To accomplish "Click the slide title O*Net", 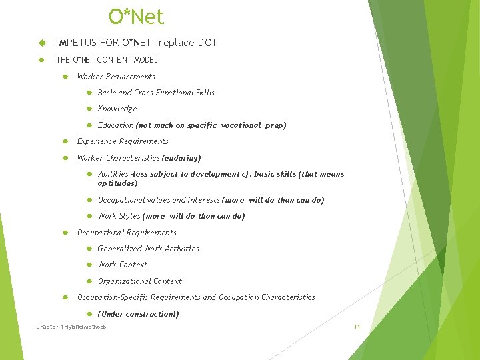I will pyautogui.click(x=136, y=17).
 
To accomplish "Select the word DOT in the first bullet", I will pyautogui.click(x=207, y=43).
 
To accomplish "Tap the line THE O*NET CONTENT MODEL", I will pyautogui.click(x=107, y=60).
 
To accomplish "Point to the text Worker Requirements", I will pyautogui.click(x=116, y=77).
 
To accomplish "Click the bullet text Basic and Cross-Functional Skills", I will pyautogui.click(x=156, y=93).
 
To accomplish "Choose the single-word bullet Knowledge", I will pyautogui.click(x=117, y=109).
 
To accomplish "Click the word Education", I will pyautogui.click(x=115, y=125).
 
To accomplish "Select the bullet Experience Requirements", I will pyautogui.click(x=123, y=141).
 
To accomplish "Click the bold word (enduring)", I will pyautogui.click(x=181, y=158).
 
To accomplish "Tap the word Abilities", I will pyautogui.click(x=113, y=174).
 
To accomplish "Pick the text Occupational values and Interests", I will pyautogui.click(x=159, y=200).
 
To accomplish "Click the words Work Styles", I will pyautogui.click(x=119, y=216).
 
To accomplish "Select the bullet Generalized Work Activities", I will pyautogui.click(x=148, y=249).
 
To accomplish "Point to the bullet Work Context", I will pyautogui.click(x=123, y=265).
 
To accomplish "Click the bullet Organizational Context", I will pyautogui.click(x=139, y=281).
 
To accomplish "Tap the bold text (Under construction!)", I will pyautogui.click(x=138, y=314).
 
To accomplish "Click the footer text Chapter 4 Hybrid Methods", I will pyautogui.click(x=71, y=327).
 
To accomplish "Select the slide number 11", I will pyautogui.click(x=357, y=327).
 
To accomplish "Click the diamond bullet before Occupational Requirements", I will pyautogui.click(x=66, y=233).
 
